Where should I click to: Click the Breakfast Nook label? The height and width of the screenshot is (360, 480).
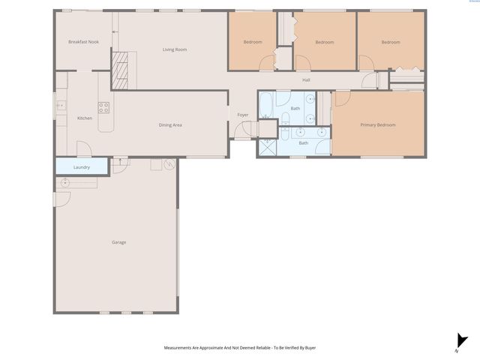(x=83, y=42)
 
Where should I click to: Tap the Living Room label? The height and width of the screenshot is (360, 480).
(x=175, y=49)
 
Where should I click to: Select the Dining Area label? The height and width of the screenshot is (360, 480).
(x=170, y=124)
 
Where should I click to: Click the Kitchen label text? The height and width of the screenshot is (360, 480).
(x=85, y=118)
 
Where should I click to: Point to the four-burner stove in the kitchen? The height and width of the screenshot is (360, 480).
(x=104, y=106)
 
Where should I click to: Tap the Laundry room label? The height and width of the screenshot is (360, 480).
(x=82, y=167)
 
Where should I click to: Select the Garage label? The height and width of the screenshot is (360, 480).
(x=118, y=242)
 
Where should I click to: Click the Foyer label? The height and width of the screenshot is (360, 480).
(x=243, y=115)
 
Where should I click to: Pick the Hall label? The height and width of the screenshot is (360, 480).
(x=306, y=80)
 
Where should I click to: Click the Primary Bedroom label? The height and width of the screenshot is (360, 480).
(x=377, y=124)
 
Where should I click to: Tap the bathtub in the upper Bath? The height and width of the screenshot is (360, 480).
(x=268, y=104)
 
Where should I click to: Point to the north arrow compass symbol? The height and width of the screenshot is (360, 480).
(x=461, y=341)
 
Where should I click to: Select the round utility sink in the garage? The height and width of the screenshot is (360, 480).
(x=66, y=183)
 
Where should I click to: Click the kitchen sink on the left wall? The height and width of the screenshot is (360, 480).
(x=59, y=106)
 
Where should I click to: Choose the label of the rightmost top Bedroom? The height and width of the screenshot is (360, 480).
(x=391, y=42)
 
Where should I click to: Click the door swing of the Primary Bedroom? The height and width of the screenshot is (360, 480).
(x=341, y=98)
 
